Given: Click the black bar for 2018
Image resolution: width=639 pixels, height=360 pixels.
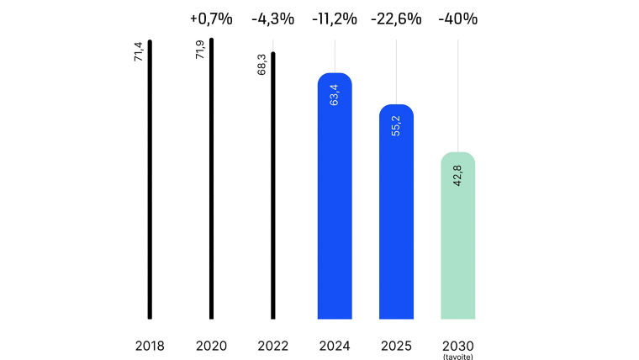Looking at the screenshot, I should pos(150,180).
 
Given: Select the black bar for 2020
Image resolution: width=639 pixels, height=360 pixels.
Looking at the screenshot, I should pos(211,178).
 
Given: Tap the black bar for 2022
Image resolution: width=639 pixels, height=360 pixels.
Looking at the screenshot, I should pos(272,186).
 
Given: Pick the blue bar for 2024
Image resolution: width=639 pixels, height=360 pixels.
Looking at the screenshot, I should pos(335,197).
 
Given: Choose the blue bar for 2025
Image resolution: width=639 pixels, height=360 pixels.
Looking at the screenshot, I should pos(396,212).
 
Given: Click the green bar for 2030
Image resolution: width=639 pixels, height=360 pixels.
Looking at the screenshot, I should pos(457,236).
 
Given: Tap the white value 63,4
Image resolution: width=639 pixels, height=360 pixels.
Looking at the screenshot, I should pos(335,94).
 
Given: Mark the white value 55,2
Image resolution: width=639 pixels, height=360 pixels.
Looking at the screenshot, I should pos(396,125).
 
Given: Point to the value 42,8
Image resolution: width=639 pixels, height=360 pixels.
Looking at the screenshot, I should pos(457,173).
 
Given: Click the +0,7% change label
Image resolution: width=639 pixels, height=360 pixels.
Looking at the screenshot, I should pos(211,19).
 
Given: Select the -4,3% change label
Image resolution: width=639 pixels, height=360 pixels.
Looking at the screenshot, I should pos(272,19).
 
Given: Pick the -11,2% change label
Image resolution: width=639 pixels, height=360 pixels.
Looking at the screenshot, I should pos(335,19).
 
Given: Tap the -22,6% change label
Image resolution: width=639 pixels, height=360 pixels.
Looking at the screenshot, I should pos(396,19).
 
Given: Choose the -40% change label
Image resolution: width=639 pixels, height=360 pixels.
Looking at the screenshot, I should pos(457,19).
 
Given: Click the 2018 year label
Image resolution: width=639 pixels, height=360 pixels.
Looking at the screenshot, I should pos(150,346).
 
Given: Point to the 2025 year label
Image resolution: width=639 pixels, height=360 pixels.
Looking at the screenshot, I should pos(396,346).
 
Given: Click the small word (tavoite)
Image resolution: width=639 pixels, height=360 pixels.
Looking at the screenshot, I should pos(457,356).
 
